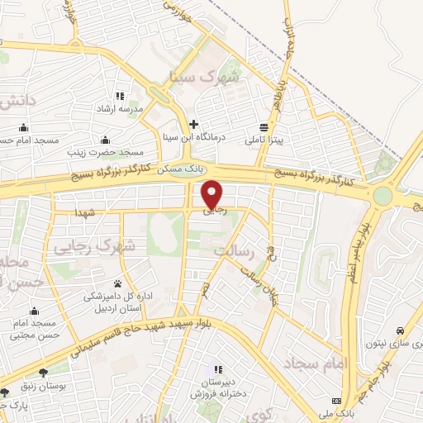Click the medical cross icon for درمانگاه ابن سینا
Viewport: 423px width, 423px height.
193,124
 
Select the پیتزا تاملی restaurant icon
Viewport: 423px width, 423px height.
264,127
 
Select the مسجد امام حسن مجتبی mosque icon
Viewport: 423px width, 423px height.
34,311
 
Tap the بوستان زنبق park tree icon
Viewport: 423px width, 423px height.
64,373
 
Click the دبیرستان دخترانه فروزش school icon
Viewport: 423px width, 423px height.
218,369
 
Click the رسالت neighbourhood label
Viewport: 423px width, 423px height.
231,249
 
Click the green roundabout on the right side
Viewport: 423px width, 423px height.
383,196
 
